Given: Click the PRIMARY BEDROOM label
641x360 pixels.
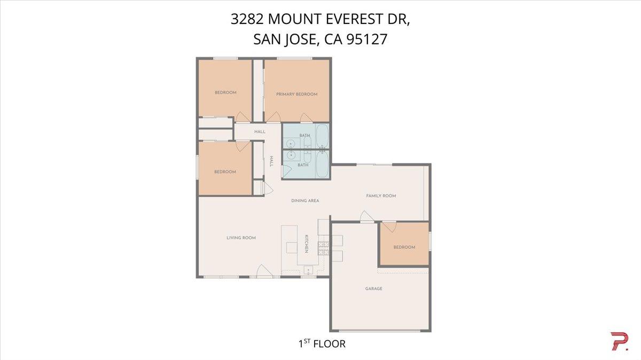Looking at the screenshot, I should (296, 94).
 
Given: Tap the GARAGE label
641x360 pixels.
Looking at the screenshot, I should (373, 288).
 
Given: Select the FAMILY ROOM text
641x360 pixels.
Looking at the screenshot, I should (381, 196).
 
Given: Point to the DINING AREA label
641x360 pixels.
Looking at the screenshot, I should (305, 201).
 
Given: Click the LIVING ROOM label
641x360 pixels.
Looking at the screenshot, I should (241, 238).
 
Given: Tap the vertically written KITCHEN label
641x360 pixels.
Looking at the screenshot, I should (307, 244).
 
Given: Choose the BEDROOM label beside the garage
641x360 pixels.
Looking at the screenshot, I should (404, 247).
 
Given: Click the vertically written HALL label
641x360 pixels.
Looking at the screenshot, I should (271, 161).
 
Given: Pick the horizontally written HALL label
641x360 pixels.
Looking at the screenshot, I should (260, 131).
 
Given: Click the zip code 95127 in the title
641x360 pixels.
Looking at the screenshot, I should (367, 40).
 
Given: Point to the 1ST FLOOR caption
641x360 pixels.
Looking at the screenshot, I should (322, 343).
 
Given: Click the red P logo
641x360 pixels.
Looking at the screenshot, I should (619, 341).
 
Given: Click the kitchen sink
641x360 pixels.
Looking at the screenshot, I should (308, 270).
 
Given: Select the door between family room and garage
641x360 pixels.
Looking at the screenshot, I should (366, 217).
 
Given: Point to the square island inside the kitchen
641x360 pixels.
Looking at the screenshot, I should (291, 247).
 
